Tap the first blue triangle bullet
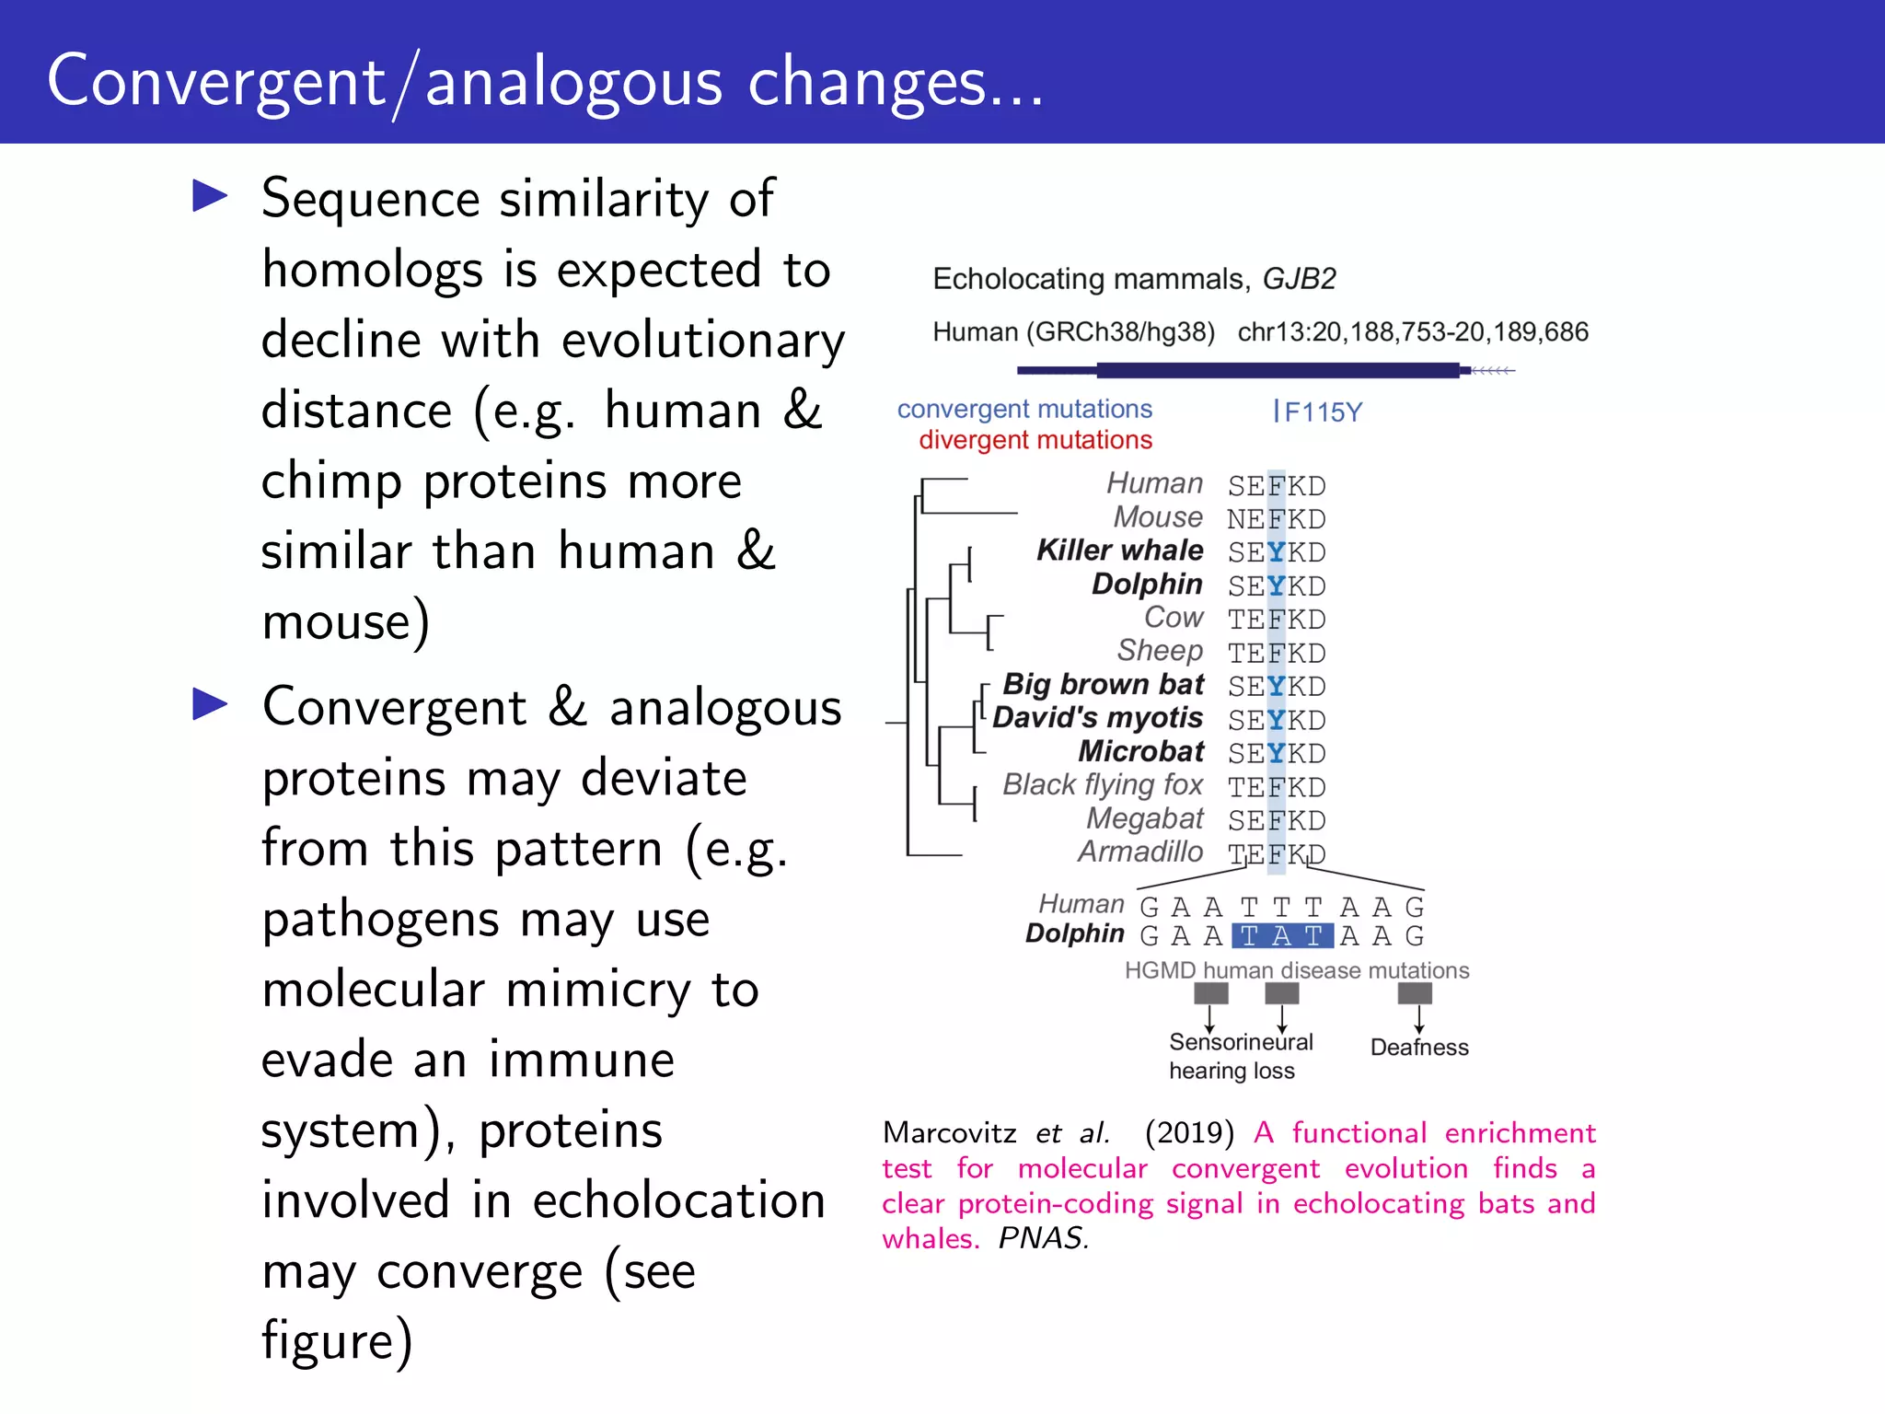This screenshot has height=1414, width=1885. (210, 196)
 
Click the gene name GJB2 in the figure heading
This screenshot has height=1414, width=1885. (1298, 278)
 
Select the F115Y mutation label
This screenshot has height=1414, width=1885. (1322, 412)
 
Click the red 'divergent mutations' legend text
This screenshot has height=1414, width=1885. (1035, 440)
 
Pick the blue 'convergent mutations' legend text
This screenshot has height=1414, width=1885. (1024, 409)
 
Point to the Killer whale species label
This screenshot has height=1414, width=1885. (1119, 551)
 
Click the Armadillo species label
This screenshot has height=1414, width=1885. (1140, 852)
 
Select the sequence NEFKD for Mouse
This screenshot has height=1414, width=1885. (1276, 519)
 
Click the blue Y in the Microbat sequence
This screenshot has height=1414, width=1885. (1276, 754)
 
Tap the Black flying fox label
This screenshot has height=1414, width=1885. (1102, 784)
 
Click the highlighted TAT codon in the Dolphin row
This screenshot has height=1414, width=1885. (1281, 936)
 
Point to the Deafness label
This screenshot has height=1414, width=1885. (1418, 1048)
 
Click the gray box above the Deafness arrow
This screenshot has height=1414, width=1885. (1415, 993)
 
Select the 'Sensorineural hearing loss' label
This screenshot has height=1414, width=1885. (1239, 1056)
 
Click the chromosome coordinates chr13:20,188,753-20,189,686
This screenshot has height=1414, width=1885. (1412, 331)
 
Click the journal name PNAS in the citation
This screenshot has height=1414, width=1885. (1042, 1238)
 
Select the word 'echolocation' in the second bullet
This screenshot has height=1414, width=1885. (677, 1200)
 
